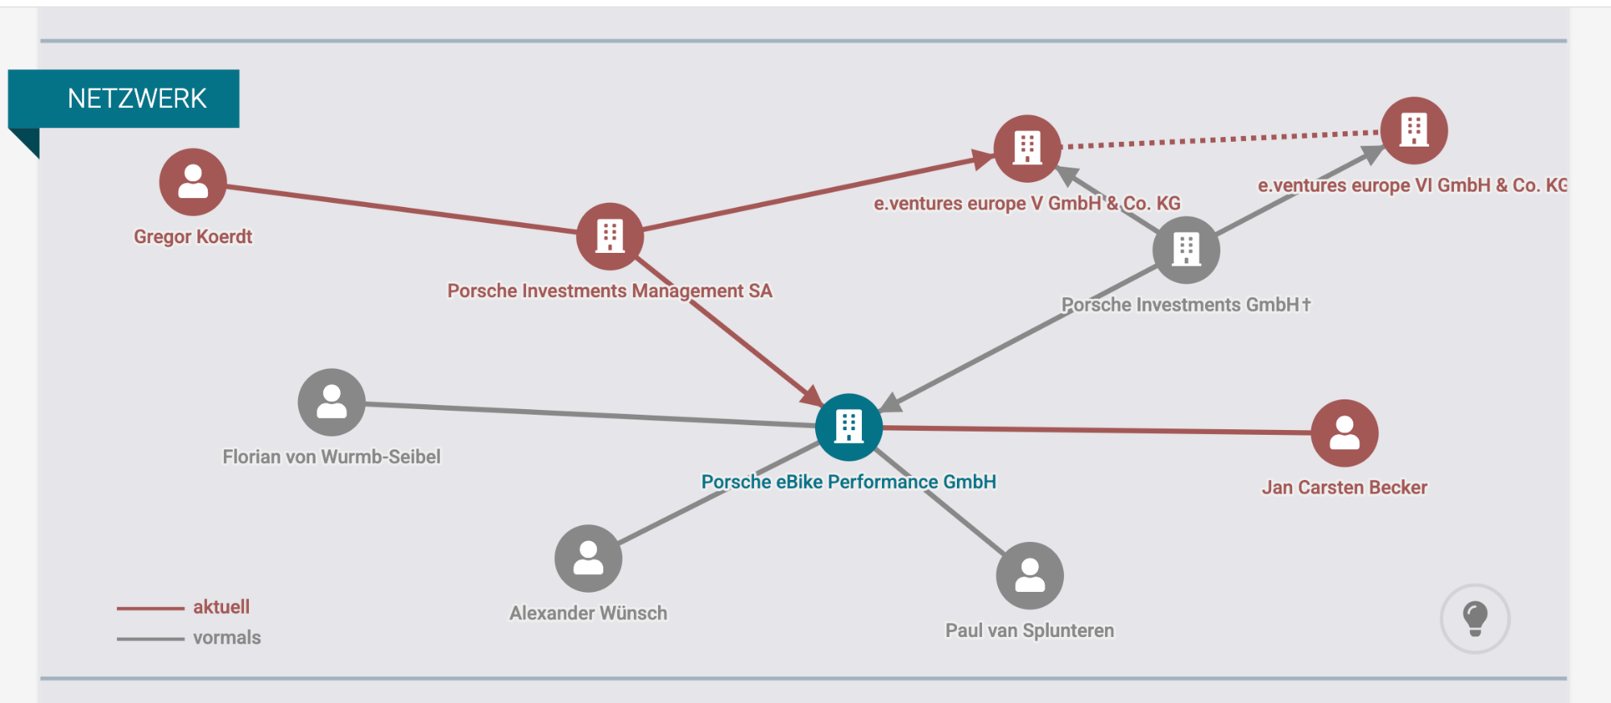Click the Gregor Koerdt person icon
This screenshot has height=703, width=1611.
(x=193, y=182)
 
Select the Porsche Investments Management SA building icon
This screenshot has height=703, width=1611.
(x=610, y=237)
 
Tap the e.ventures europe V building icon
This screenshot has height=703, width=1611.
(x=1027, y=149)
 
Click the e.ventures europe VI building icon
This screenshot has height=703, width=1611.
(x=1414, y=130)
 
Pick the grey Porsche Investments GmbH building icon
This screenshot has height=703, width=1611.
(x=1186, y=250)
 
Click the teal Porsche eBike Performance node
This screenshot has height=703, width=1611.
(x=848, y=427)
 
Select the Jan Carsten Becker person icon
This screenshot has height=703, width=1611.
(x=1344, y=433)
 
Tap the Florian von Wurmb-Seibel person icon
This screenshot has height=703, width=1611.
(x=331, y=402)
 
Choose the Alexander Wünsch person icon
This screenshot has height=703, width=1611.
(x=588, y=558)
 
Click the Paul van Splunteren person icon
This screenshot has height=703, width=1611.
(x=1029, y=576)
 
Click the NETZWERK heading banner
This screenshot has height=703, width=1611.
(x=124, y=99)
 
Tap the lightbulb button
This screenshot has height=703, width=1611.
(x=1475, y=618)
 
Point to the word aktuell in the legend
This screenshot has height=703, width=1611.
(x=222, y=607)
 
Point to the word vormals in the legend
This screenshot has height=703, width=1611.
(x=227, y=638)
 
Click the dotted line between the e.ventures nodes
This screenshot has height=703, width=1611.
(x=1220, y=139)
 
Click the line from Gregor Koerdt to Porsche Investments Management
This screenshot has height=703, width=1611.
(x=401, y=209)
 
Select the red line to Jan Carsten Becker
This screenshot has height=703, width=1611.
(x=1096, y=430)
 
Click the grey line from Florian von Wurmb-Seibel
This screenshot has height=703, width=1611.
(x=590, y=414)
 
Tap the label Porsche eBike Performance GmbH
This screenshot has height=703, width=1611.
(x=848, y=482)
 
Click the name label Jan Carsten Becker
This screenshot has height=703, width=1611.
(x=1344, y=487)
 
